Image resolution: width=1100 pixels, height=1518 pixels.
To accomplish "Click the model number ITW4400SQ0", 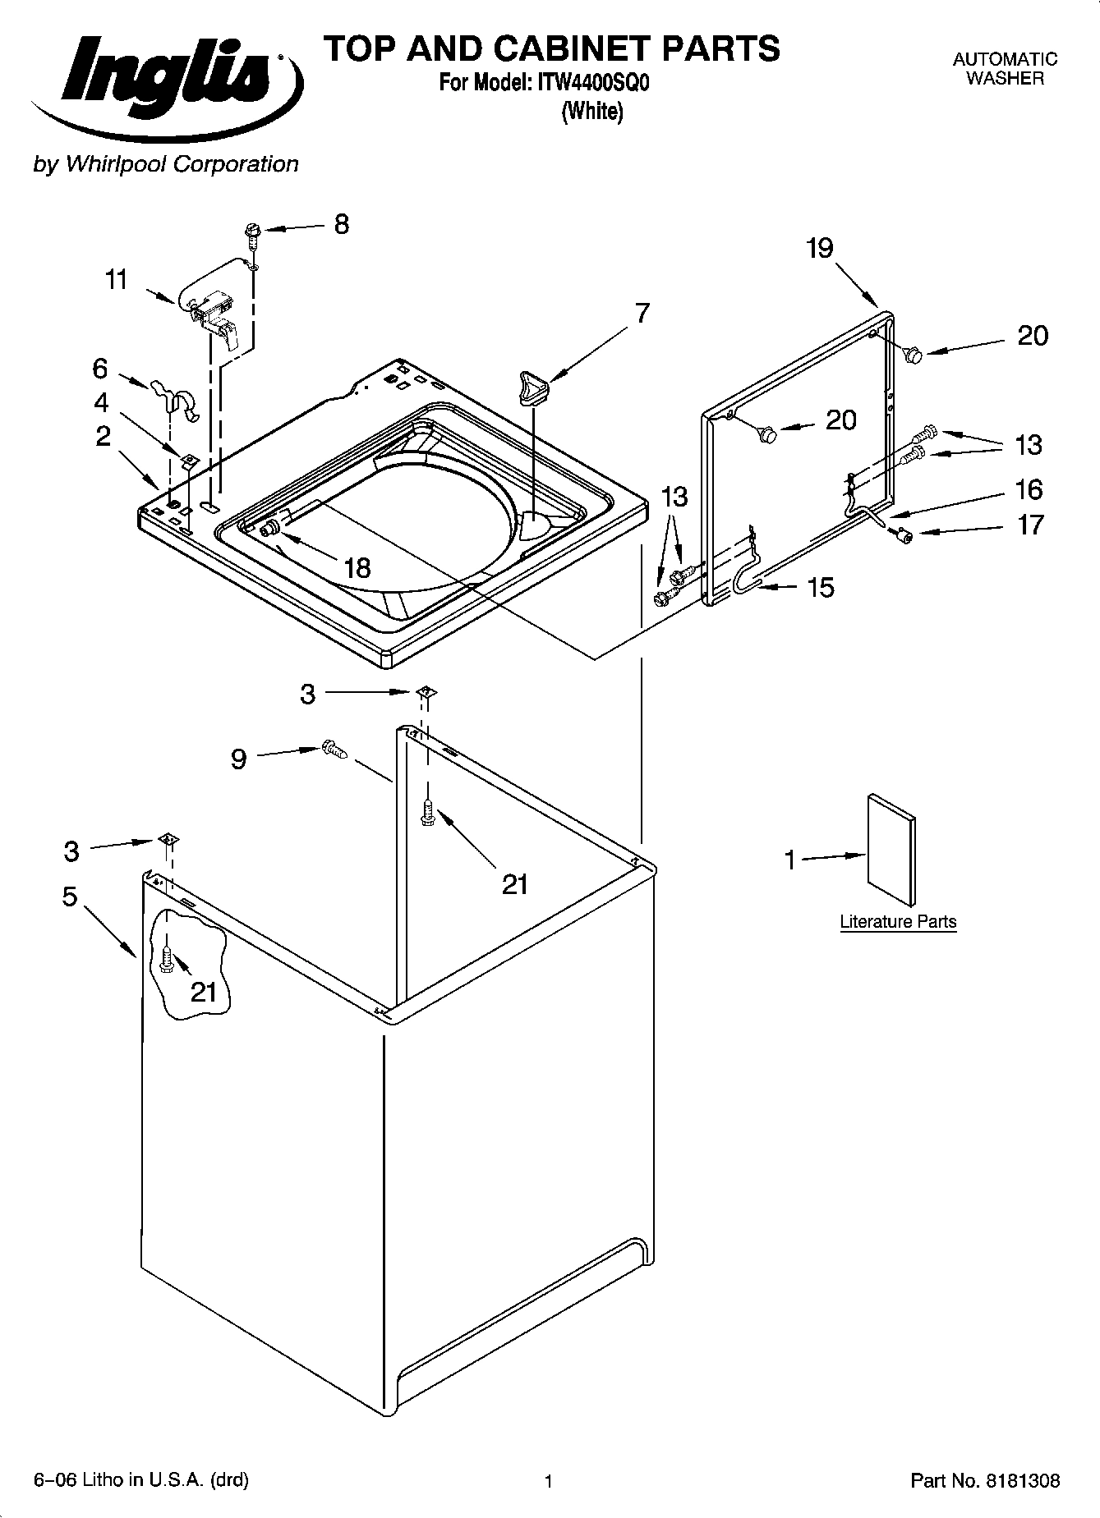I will pyautogui.click(x=593, y=84).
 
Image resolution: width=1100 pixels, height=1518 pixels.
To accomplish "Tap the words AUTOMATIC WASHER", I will pyautogui.click(x=1005, y=69).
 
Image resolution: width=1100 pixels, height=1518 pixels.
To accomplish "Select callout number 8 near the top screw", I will pyautogui.click(x=341, y=224).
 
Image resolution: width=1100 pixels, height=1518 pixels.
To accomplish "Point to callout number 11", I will pyautogui.click(x=117, y=280).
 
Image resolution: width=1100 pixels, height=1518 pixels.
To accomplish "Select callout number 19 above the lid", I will pyautogui.click(x=820, y=248).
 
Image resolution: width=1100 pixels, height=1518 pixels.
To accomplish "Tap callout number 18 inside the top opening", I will pyautogui.click(x=358, y=567).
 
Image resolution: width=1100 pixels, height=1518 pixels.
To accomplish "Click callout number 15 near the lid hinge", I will pyautogui.click(x=821, y=587).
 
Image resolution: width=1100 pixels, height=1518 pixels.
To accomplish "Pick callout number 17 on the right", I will pyautogui.click(x=1030, y=525).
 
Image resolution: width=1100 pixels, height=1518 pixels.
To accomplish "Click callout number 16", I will pyautogui.click(x=1029, y=489).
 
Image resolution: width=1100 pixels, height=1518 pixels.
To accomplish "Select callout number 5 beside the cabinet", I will pyautogui.click(x=70, y=897).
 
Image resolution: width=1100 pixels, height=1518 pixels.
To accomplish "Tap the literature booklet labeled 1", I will pyautogui.click(x=891, y=850).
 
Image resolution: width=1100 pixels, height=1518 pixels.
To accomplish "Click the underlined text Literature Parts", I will pyautogui.click(x=898, y=921).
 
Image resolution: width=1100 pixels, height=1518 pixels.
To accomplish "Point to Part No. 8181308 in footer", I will pyautogui.click(x=985, y=1481).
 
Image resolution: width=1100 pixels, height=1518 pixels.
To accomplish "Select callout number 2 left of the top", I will pyautogui.click(x=103, y=436).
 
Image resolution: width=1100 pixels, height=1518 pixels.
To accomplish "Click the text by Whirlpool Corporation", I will pyautogui.click(x=165, y=164).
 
